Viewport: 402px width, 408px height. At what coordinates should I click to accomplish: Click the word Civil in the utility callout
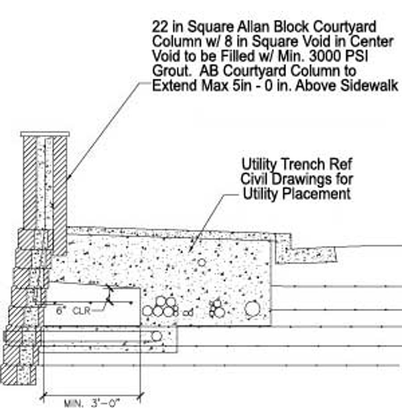pyautogui.click(x=255, y=179)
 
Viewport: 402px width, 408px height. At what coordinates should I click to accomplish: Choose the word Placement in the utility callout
pyautogui.click(x=320, y=194)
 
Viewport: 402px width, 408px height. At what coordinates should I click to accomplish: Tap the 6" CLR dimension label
pyautogui.click(x=72, y=310)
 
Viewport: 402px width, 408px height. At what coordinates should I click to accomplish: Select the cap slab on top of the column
pyautogui.click(x=45, y=134)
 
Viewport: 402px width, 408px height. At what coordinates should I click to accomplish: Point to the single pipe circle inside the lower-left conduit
pyautogui.click(x=156, y=336)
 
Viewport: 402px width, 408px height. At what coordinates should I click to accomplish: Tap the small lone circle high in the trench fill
pyautogui.click(x=201, y=262)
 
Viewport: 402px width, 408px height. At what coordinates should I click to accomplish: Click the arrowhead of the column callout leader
pyautogui.click(x=68, y=179)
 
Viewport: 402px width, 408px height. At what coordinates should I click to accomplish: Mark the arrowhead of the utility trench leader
pyautogui.click(x=191, y=251)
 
